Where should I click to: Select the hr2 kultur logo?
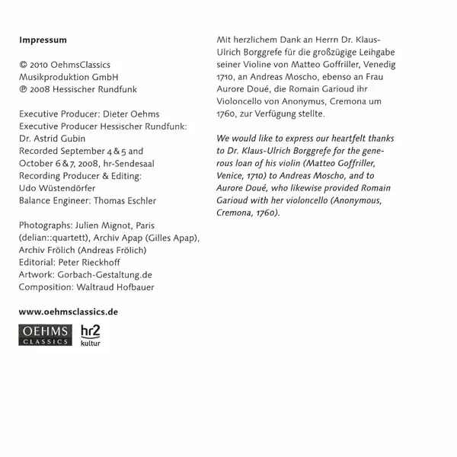tap(90, 334)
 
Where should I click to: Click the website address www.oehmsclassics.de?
tap(67, 312)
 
